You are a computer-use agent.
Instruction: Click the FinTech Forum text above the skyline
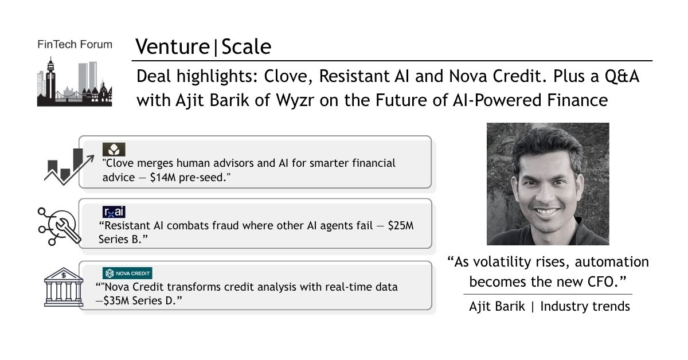click(x=75, y=45)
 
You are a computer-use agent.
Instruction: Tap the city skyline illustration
click(x=75, y=82)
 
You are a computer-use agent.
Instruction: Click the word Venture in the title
click(x=173, y=46)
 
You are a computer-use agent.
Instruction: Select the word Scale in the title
click(x=247, y=46)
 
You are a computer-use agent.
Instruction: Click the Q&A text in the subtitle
click(x=622, y=76)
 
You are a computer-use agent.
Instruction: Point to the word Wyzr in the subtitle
click(x=295, y=101)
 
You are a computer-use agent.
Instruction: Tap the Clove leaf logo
click(x=114, y=150)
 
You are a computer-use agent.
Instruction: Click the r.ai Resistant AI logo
click(x=114, y=212)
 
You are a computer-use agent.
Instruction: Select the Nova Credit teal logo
click(x=127, y=273)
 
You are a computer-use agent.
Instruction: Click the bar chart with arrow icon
click(x=69, y=166)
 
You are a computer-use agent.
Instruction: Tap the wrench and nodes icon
click(x=59, y=226)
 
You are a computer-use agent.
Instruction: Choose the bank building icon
click(x=64, y=287)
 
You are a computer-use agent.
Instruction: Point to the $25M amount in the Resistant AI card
click(x=401, y=226)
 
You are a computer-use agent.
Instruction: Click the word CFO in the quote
click(x=601, y=281)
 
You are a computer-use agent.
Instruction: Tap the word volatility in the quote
click(x=502, y=262)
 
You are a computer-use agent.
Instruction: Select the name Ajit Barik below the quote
click(x=497, y=307)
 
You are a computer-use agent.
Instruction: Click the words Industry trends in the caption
click(x=585, y=307)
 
